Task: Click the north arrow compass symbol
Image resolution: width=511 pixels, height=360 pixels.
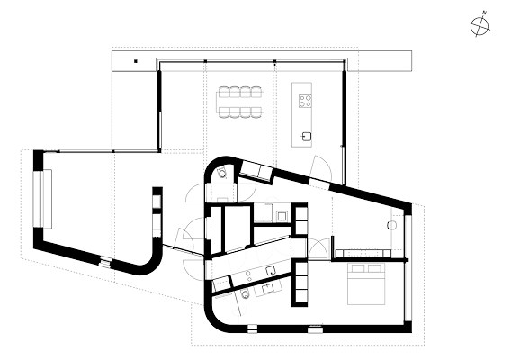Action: pos(480,26)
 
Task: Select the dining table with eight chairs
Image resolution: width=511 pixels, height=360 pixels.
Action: pos(240,102)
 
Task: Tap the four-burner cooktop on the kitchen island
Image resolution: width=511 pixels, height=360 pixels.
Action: pos(305,101)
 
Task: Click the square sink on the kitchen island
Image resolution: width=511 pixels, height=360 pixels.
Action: pos(306,136)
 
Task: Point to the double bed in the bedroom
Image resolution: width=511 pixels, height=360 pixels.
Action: pos(367,284)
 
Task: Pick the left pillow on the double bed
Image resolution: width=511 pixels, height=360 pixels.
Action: pos(356,268)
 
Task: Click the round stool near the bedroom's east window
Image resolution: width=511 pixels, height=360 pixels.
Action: pos(391,225)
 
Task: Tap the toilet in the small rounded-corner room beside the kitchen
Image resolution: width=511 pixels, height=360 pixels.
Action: pos(222,173)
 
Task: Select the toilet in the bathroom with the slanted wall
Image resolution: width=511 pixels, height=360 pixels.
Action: pos(245,295)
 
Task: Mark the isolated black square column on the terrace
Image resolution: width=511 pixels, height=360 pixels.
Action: pos(136,61)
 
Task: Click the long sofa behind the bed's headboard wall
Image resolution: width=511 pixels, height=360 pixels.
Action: pos(363,254)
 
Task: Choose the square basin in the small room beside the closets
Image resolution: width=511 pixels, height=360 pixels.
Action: pos(282,216)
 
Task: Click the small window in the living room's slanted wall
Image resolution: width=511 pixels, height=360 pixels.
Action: pos(105,262)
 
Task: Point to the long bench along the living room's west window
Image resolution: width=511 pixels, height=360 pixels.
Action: pos(46,199)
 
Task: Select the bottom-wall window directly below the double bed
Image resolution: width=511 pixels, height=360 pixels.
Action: pos(316,329)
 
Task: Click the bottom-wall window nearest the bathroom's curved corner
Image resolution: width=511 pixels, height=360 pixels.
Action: pos(252,328)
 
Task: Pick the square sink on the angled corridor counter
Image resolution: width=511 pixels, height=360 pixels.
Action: pos(271,270)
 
